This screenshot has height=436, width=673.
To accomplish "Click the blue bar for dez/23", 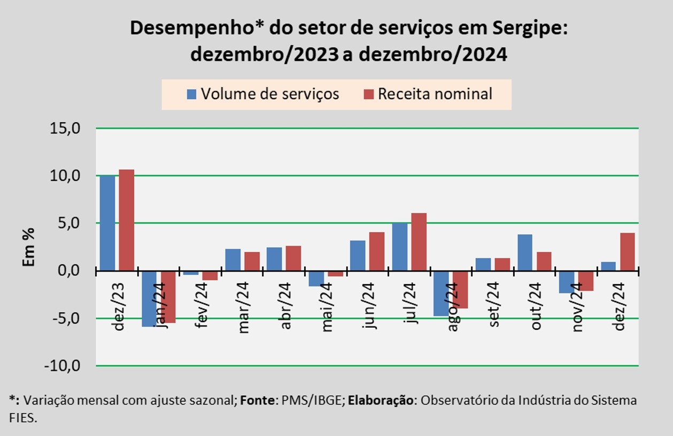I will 107,223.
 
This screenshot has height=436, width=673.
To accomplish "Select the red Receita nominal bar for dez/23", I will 127,220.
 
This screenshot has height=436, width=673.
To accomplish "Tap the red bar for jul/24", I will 419,242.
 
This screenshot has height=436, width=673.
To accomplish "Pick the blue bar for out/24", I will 524,252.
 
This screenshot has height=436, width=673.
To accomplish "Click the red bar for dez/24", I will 627,251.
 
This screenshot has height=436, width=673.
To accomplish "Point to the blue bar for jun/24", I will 358,256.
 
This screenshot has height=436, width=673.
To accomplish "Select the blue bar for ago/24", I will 441,294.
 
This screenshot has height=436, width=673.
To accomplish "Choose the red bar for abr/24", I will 293,258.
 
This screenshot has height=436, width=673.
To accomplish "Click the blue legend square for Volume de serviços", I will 191,94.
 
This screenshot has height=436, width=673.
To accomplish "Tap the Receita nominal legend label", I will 435,94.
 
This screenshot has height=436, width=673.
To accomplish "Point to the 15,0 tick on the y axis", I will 65,129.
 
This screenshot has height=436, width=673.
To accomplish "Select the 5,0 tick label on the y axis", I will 68,223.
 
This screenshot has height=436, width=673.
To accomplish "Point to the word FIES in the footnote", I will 22,418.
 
